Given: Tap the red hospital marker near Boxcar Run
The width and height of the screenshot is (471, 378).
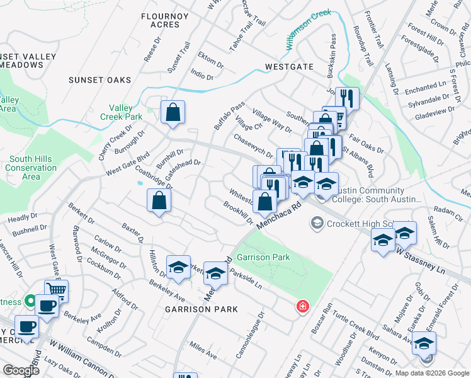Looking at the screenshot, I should coord(303,306).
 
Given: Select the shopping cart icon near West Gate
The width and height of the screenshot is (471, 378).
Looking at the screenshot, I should coord(55,290).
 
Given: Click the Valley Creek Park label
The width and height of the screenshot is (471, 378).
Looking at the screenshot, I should coord(121,112).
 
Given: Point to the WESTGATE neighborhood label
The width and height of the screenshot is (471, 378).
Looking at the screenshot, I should coord(289,66).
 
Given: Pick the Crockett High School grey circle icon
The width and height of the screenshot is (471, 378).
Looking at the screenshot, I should coord(316,224).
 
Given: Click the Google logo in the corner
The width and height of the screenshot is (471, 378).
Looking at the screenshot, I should coord(21,370).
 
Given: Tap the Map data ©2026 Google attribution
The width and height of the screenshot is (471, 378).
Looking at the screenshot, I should coord(431,373).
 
